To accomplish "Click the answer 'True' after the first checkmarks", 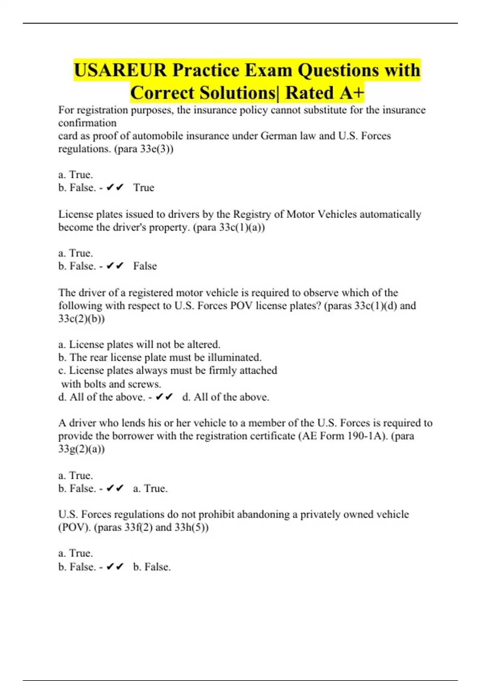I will (x=143, y=188).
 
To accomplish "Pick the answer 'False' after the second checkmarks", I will (x=145, y=266).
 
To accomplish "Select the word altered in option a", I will (x=204, y=345).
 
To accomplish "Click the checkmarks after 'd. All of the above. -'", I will (x=164, y=397).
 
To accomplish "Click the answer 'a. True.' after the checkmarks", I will (x=150, y=489).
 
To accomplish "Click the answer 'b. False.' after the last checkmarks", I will (x=152, y=567).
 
